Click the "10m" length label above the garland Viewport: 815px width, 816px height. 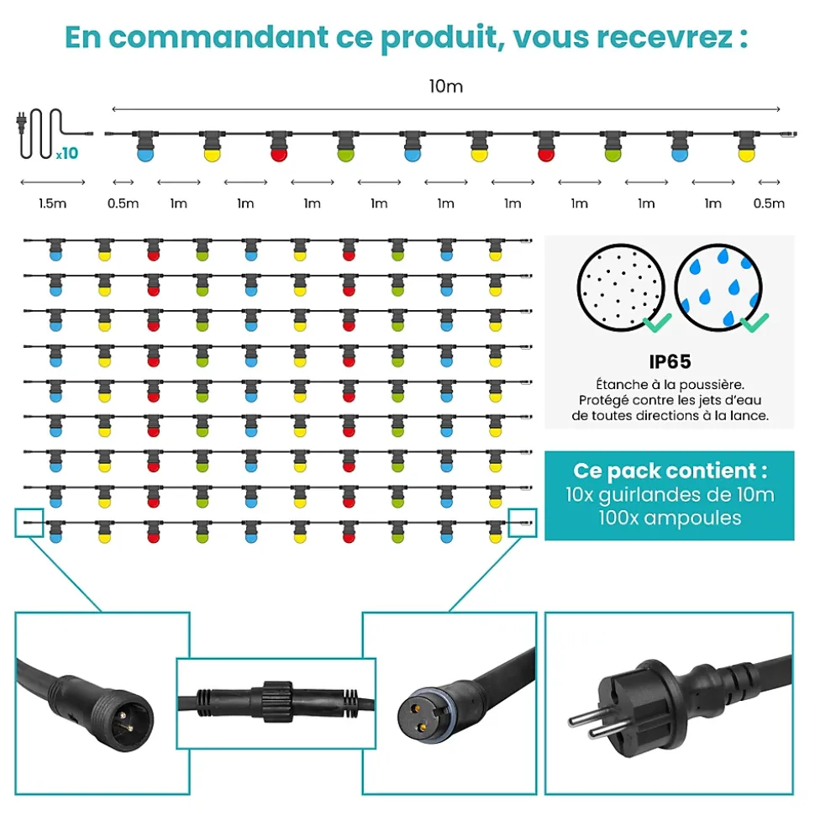tap(446, 87)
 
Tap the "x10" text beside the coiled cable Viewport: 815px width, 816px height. tap(67, 153)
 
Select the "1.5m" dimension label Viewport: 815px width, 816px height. tap(53, 203)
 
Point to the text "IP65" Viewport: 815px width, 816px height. tap(670, 361)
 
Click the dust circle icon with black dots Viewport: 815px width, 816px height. tap(621, 287)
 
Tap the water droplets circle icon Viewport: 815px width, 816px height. tap(718, 287)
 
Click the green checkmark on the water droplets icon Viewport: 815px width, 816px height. tap(755, 322)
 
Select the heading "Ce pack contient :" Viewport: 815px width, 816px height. tap(670, 471)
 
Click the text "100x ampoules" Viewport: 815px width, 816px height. tap(670, 519)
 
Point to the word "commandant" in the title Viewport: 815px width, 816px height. tap(218, 38)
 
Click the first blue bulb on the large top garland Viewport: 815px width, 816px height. tap(145, 154)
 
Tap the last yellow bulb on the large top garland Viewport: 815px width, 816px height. tap(746, 154)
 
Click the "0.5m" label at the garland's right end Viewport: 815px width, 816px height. tap(769, 203)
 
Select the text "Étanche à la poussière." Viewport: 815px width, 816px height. tap(670, 385)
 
